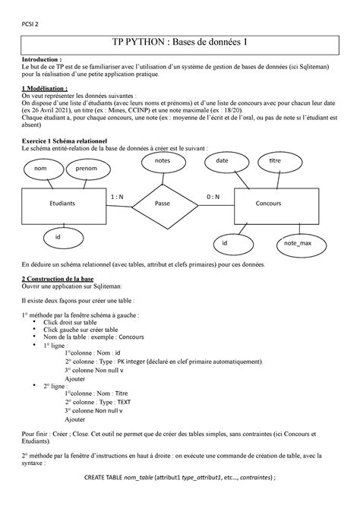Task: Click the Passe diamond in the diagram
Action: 162,204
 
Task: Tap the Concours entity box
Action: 268,204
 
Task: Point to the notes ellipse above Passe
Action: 162,162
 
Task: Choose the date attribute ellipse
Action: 222,162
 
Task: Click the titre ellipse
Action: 273,162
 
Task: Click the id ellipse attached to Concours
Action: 226,243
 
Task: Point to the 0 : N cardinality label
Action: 213,197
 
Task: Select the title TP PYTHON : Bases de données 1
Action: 180,44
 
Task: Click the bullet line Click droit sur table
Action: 82,322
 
